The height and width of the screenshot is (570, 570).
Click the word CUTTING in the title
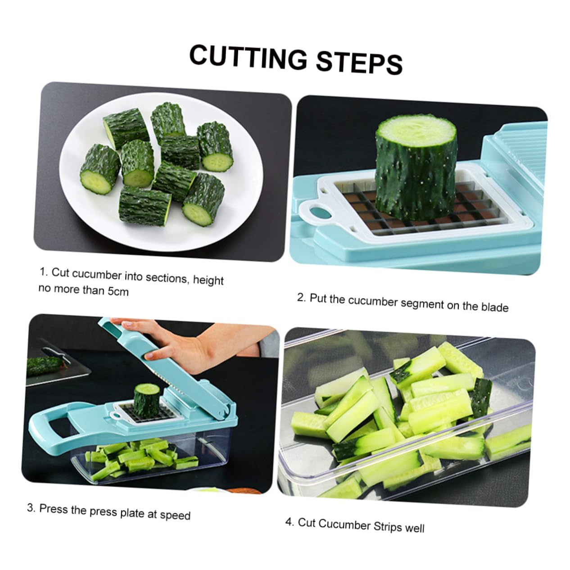(249, 58)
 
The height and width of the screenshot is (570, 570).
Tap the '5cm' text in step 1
(118, 292)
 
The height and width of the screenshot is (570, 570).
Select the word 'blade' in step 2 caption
(494, 307)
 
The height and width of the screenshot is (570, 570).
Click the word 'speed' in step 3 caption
(175, 515)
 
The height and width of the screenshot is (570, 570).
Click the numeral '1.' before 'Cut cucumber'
(44, 271)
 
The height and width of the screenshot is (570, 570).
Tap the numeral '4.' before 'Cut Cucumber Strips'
(290, 521)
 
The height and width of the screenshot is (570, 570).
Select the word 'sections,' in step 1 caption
(167, 278)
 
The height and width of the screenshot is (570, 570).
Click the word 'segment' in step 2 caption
(422, 304)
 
